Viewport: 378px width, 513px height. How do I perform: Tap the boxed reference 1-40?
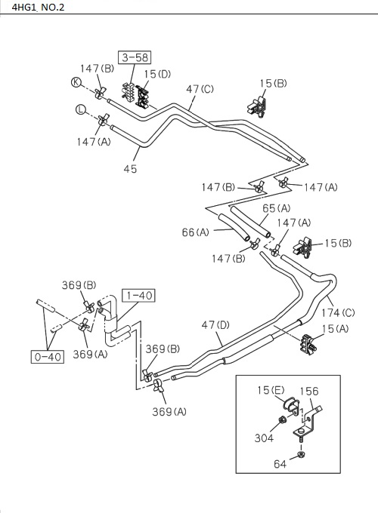coord(138,295)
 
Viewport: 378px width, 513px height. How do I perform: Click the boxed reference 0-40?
coord(47,357)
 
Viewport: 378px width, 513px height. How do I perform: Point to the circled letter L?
coord(80,110)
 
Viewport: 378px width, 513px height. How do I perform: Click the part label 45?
coord(130,169)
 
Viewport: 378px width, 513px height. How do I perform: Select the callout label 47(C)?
coord(200,89)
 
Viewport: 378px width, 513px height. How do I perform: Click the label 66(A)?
coord(195,232)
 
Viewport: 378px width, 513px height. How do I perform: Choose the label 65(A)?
coord(276,207)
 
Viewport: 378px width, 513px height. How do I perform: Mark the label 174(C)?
coord(338,312)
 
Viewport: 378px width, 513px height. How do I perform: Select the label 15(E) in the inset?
coord(271,391)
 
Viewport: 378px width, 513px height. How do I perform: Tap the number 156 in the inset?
coord(308,391)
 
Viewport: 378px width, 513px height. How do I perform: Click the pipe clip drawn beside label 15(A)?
coord(305,343)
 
